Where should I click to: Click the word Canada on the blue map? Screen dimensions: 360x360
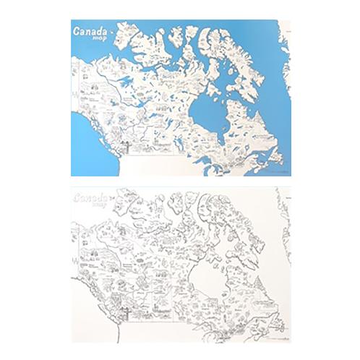(x=91, y=31)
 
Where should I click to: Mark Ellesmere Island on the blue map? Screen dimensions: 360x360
(x=217, y=33)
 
